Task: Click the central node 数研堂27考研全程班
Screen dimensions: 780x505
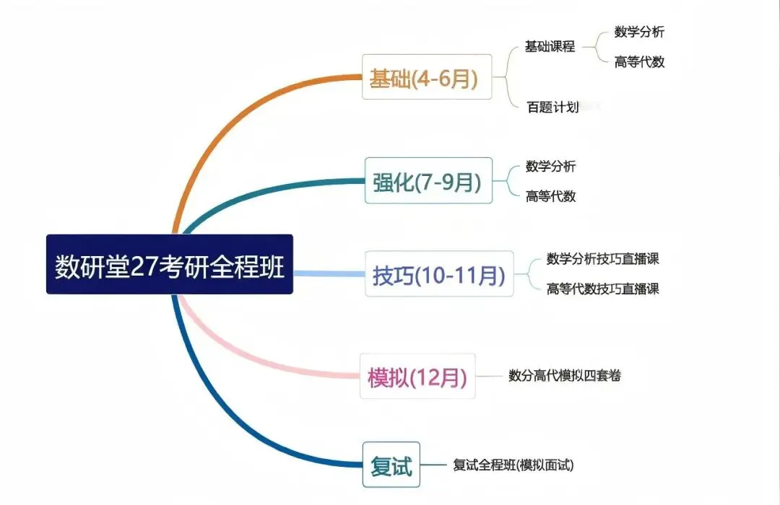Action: [x=170, y=264]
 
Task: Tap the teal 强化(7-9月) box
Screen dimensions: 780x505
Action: [x=428, y=180]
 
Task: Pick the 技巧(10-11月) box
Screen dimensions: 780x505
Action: [x=438, y=274]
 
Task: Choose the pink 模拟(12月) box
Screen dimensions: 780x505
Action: [x=417, y=376]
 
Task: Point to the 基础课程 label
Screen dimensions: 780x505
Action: [x=550, y=47]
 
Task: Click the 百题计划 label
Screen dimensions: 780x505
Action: [x=553, y=107]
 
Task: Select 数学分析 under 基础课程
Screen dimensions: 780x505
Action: [x=639, y=32]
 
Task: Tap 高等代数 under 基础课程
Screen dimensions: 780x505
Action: [x=639, y=62]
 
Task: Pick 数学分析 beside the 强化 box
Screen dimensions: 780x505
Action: [x=551, y=167]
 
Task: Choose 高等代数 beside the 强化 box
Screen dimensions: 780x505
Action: [x=551, y=196]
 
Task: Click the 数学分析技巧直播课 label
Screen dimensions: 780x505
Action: [x=603, y=259]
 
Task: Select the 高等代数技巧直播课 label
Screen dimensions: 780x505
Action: [x=603, y=289]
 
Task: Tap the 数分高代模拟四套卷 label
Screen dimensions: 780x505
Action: [x=565, y=375]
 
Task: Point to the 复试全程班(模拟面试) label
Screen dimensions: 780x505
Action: [x=513, y=465]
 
